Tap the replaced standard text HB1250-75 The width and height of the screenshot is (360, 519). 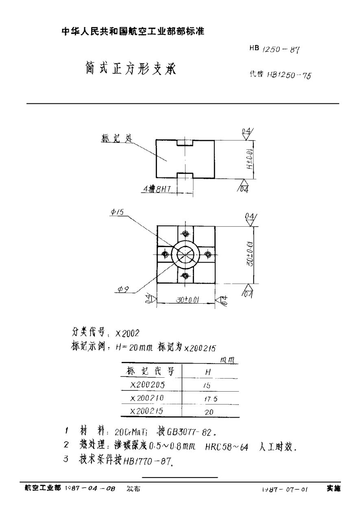point(281,74)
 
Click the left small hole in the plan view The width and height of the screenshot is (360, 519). point(165,255)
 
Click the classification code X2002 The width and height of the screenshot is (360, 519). point(127,333)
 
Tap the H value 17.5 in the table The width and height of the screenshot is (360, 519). point(210,399)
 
